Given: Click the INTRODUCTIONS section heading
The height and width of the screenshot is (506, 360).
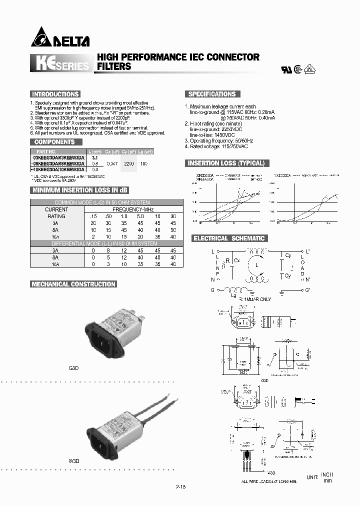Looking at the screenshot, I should [55, 94].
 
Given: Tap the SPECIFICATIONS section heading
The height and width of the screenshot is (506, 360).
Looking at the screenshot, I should [211, 94].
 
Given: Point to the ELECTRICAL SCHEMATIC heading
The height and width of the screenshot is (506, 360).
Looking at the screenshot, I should [229, 238].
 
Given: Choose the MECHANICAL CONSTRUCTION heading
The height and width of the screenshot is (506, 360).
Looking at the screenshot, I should [73, 284].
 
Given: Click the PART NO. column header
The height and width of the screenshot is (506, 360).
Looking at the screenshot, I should [48, 151].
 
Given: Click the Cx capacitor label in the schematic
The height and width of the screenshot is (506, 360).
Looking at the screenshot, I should [237, 261].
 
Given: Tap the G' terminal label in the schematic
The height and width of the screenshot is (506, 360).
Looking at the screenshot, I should [307, 290].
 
